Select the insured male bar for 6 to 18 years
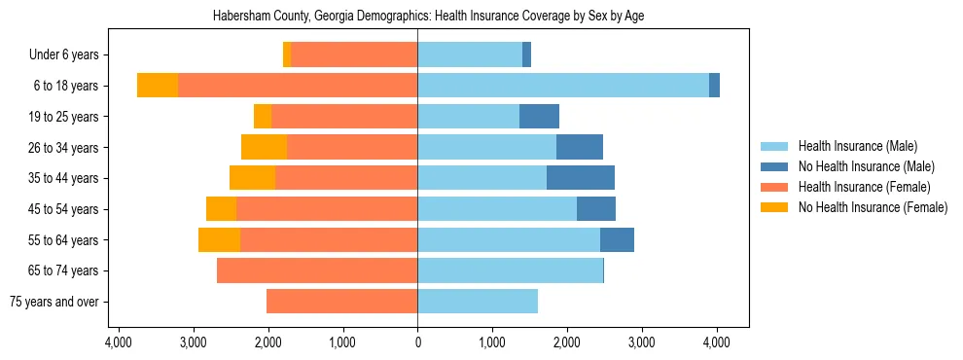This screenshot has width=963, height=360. coord(563,86)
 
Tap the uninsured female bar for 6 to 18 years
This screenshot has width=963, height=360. coord(158,86)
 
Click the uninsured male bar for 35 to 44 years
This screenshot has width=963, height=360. coord(581,178)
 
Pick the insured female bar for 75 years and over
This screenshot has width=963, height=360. coord(342,302)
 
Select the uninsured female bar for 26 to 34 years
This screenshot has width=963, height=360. coord(264,147)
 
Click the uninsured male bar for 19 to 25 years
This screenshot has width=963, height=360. coord(539,117)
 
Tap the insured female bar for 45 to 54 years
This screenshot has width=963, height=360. coord(327,209)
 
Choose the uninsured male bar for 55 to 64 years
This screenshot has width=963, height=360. coord(617,239)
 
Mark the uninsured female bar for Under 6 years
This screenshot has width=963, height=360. coord(287,54)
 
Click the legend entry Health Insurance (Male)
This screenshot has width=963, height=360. coord(857,146)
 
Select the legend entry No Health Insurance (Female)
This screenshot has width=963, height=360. coord(873,207)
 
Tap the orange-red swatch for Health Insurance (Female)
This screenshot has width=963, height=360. coord(775,187)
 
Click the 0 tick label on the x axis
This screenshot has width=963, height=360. coord(417,342)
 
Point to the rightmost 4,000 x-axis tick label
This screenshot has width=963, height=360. coord(717,342)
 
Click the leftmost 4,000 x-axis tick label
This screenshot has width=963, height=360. coord(119,342)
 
